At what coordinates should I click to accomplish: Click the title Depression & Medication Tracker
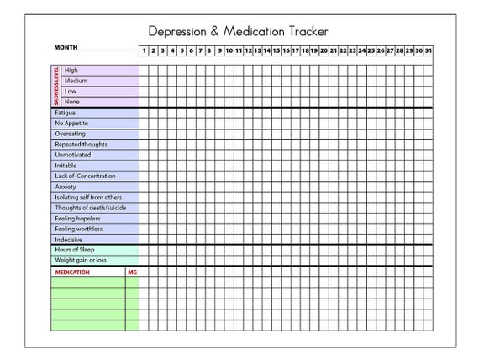tap(238, 31)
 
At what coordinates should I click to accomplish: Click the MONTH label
tap(66, 48)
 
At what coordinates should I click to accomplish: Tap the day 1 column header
tap(144, 50)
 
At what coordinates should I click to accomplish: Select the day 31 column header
tap(429, 50)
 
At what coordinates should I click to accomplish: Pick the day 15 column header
tap(276, 50)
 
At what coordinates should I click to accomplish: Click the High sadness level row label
tap(71, 70)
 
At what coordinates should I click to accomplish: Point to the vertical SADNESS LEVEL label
tap(56, 86)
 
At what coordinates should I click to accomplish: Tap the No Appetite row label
tap(71, 123)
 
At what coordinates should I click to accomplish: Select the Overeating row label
tap(71, 134)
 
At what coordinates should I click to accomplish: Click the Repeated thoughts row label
tap(81, 144)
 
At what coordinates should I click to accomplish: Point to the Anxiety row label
tap(66, 187)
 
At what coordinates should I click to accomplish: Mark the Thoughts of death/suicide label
tap(91, 208)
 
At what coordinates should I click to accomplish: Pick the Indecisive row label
tap(69, 239)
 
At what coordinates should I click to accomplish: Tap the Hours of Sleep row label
tap(75, 251)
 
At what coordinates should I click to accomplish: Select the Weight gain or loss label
tap(82, 261)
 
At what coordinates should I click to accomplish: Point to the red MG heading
tap(132, 273)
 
